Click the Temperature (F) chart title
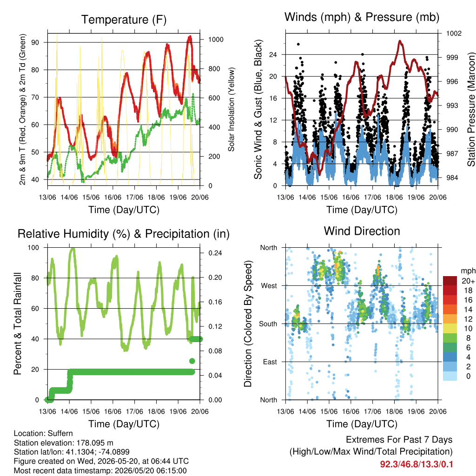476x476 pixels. click(x=124, y=20)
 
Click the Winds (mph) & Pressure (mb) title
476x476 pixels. click(x=362, y=17)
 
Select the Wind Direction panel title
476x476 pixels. click(x=362, y=231)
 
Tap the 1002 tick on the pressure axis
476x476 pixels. click(x=454, y=33)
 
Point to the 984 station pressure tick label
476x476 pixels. click(x=452, y=178)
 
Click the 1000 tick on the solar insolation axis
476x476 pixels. click(x=216, y=40)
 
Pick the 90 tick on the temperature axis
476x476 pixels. click(x=35, y=42)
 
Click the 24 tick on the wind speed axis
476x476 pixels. click(x=273, y=55)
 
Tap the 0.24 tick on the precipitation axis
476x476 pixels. click(x=215, y=253)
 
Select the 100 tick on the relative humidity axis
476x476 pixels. click(x=33, y=248)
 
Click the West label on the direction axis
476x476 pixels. click(x=269, y=286)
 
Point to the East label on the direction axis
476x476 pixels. click(x=270, y=362)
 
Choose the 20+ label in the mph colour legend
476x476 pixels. click(x=468, y=281)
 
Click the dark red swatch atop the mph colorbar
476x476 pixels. click(x=450, y=281)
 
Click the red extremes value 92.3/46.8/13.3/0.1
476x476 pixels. click(x=416, y=464)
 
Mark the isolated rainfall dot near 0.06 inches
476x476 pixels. click(x=192, y=361)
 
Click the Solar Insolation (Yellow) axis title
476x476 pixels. click(x=231, y=109)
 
